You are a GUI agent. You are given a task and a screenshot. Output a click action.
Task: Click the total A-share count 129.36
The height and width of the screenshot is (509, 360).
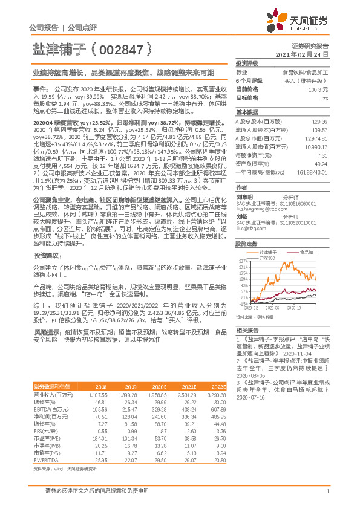[319, 122]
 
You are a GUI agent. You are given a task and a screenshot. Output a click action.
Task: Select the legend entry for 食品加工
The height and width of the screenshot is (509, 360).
[305, 234]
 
